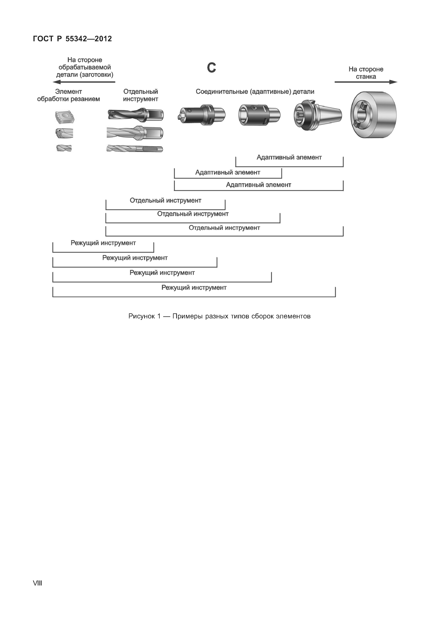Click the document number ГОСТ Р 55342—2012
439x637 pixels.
[x=72, y=39]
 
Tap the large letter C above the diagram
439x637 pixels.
[x=211, y=68]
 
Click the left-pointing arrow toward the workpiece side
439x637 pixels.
[x=84, y=82]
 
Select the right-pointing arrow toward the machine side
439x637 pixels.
[x=366, y=82]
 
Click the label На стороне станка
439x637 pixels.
[x=366, y=73]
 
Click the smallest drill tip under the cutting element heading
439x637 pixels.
[x=64, y=148]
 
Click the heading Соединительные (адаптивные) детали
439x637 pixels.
[x=255, y=92]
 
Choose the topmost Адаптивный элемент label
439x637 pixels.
[x=289, y=158]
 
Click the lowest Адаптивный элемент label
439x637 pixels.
[x=258, y=185]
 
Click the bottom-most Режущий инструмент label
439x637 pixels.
[x=194, y=288]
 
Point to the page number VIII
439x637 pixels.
[x=37, y=583]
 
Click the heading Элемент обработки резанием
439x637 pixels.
[x=69, y=95]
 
